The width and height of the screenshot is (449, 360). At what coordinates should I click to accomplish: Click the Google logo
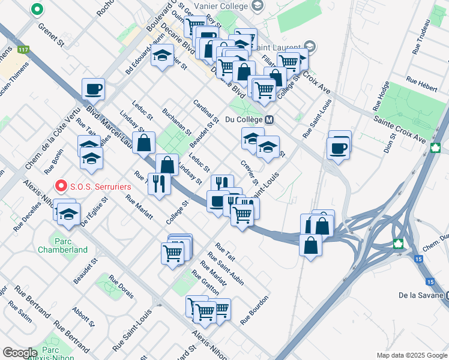pyautogui.click(x=20, y=353)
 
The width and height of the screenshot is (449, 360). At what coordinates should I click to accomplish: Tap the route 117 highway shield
pyautogui.click(x=24, y=49)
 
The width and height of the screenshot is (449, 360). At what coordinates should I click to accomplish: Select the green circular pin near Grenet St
pyautogui.click(x=37, y=10)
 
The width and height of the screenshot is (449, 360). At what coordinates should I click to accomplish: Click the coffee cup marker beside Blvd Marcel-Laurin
pyautogui.click(x=93, y=89)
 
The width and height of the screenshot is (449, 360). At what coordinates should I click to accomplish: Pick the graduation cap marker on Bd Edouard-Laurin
pyautogui.click(x=161, y=57)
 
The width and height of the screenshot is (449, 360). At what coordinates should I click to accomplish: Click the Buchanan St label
pyautogui.click(x=176, y=122)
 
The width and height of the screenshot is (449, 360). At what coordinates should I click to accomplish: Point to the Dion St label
pyautogui.click(x=390, y=143)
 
